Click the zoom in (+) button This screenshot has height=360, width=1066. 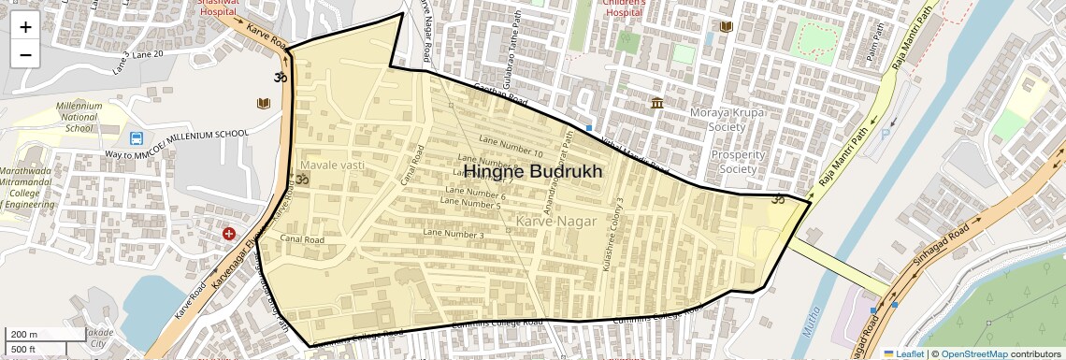(x=25, y=27)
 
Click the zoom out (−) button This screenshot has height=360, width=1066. (x=25, y=54)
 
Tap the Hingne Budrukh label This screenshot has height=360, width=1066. (x=533, y=172)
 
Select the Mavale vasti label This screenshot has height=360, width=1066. (x=331, y=165)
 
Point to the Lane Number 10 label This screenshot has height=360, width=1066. (x=510, y=146)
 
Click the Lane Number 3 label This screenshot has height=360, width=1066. (x=453, y=234)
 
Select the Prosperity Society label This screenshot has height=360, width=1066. (x=739, y=162)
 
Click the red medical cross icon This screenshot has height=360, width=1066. (x=229, y=233)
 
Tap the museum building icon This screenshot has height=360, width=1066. (x=658, y=102)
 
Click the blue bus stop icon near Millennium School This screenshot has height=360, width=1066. (x=137, y=138)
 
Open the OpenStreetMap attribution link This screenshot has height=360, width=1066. (x=973, y=353)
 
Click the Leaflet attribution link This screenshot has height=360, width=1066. (x=903, y=353)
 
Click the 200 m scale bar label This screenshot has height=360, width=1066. (x=25, y=334)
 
